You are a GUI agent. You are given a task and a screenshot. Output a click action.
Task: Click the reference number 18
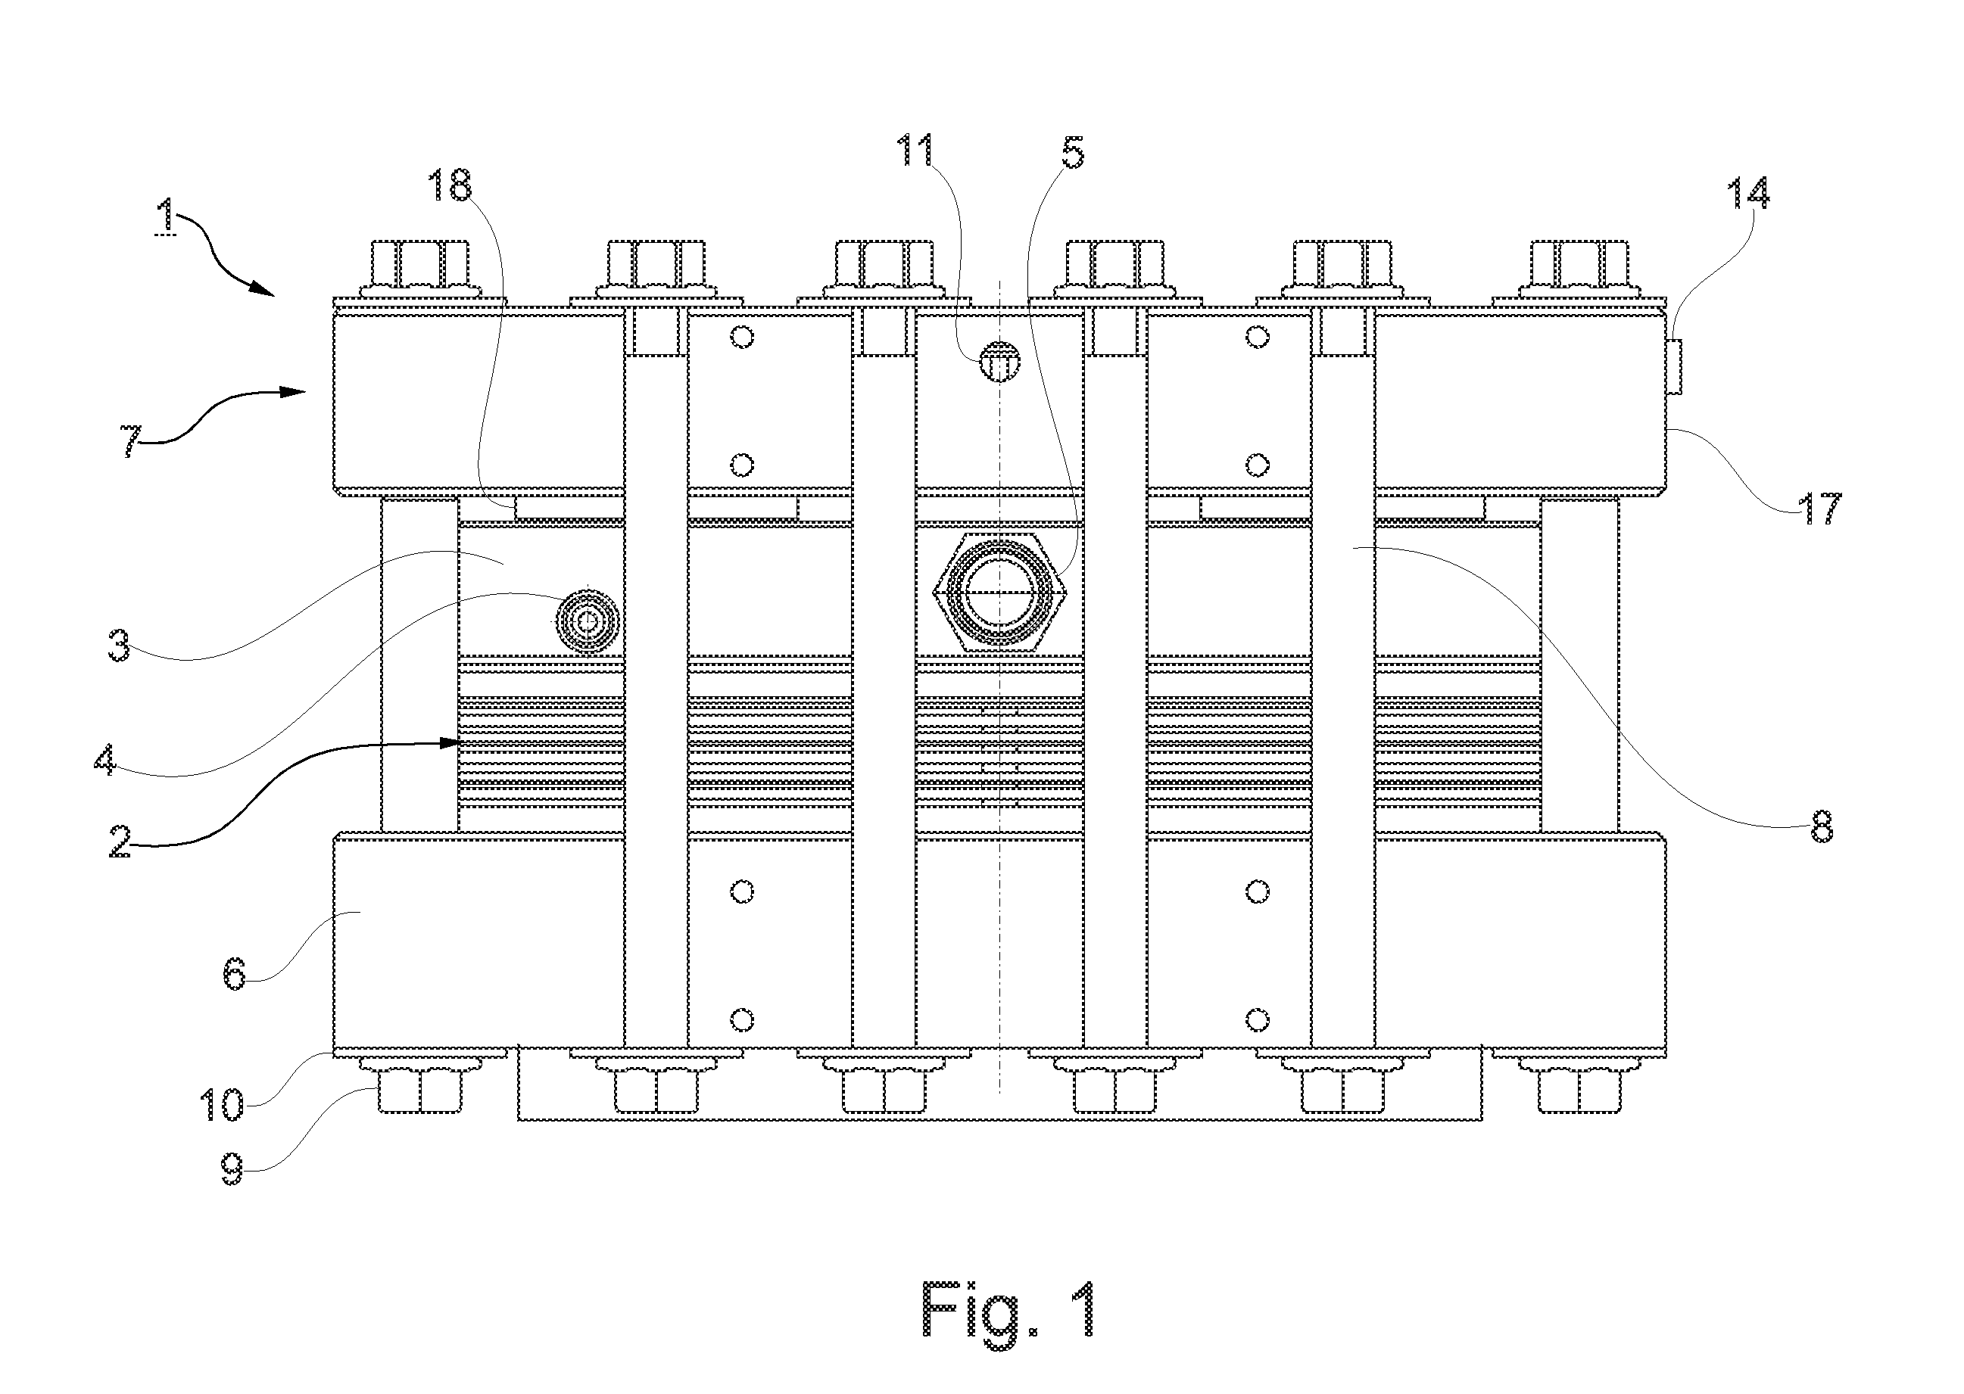450,185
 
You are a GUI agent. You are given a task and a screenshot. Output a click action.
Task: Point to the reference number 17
1819,508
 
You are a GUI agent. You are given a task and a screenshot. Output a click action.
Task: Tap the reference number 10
222,1105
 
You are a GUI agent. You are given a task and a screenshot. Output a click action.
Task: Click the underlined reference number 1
165,215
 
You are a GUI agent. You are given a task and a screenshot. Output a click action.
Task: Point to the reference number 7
129,441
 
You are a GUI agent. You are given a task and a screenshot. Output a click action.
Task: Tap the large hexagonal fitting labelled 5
999,593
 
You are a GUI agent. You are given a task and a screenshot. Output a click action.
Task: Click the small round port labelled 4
588,621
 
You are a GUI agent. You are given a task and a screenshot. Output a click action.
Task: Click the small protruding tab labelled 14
1674,366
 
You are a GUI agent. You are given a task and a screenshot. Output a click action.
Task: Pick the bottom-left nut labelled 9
420,1089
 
